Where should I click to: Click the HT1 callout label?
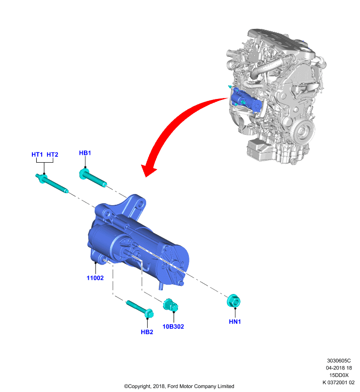pos(37,154)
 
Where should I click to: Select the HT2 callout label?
pos(52,154)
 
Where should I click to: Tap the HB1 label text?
pos(85,153)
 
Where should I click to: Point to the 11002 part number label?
pos(95,278)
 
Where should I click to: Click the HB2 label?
pos(147,332)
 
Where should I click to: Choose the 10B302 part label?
pos(173,326)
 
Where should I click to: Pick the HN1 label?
pos(234,321)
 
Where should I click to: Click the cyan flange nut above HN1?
pos(233,301)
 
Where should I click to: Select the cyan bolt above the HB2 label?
pos(140,309)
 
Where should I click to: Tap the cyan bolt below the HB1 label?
pos(93,177)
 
